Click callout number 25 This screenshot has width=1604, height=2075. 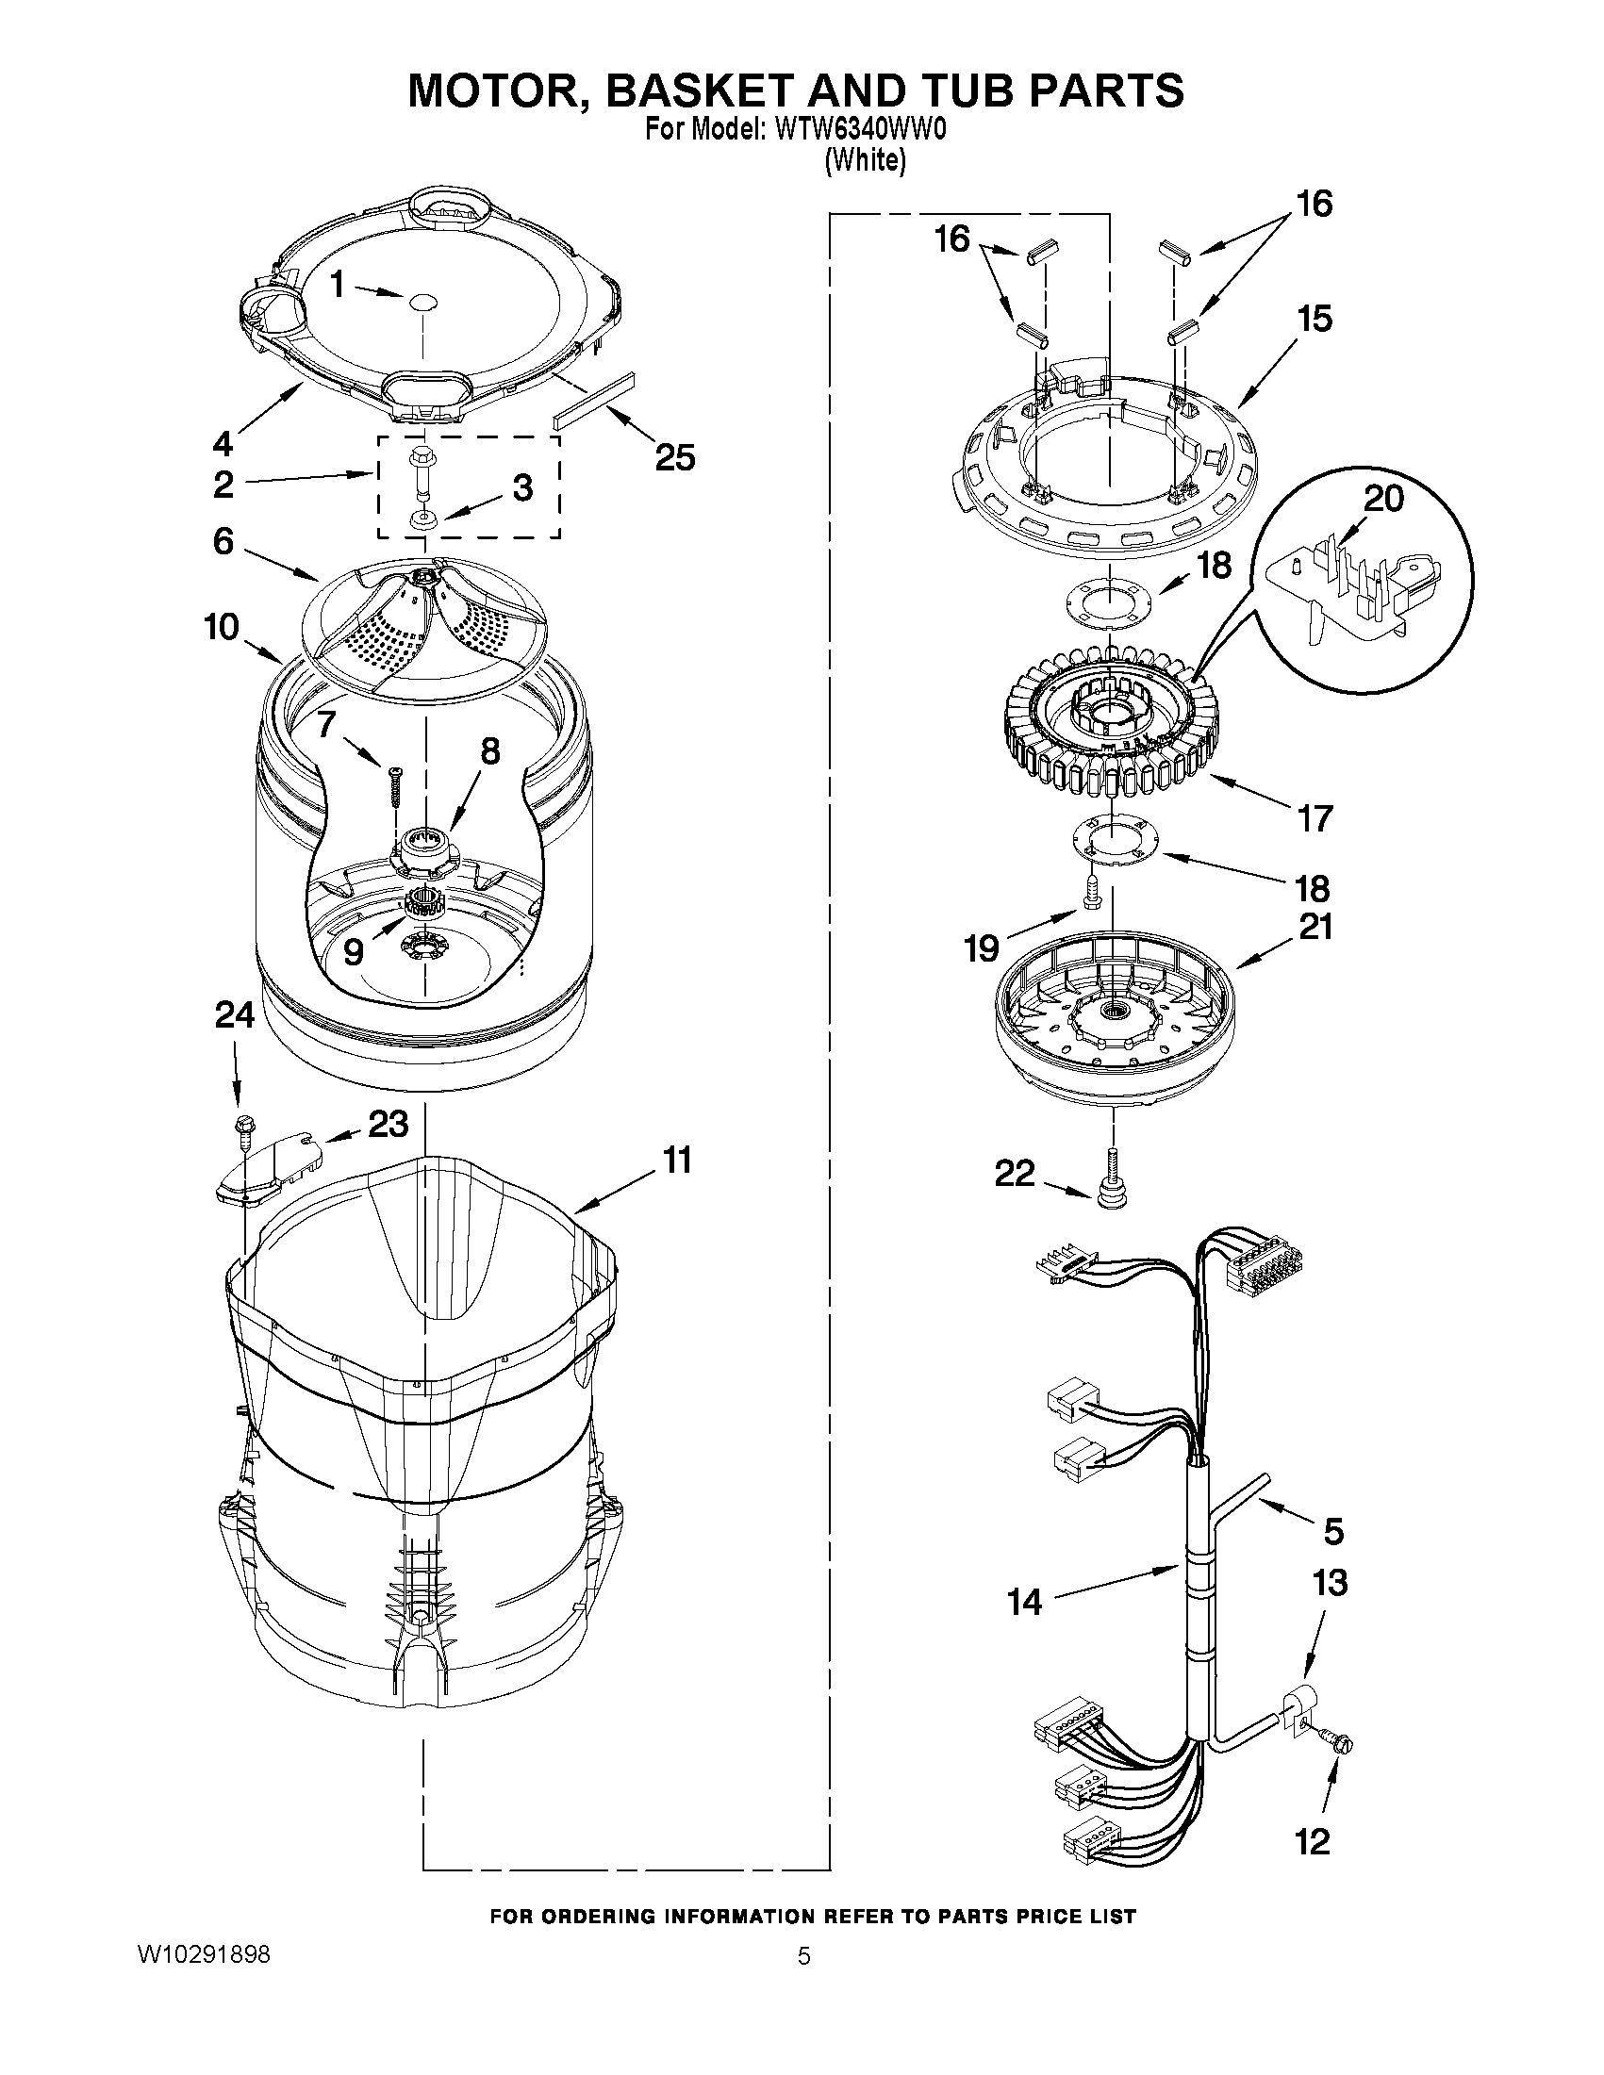click(674, 458)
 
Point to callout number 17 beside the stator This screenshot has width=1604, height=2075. click(1315, 818)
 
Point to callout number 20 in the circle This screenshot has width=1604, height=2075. click(1382, 498)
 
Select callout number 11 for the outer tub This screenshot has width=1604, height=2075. click(676, 1161)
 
